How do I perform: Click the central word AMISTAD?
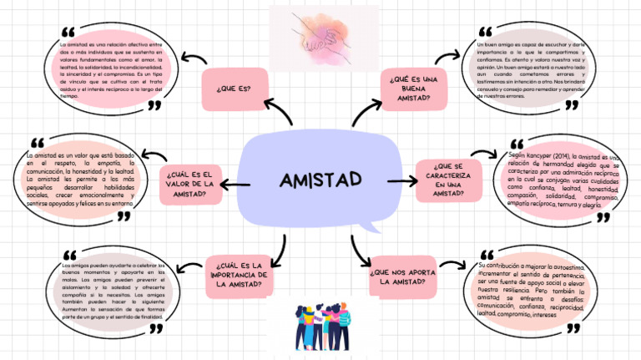tap(320, 180)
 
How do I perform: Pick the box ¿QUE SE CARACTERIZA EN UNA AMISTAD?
tap(448, 180)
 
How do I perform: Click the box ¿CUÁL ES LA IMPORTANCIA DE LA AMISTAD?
tap(238, 275)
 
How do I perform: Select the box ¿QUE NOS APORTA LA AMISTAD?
tap(402, 276)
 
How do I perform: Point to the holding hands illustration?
tap(320, 32)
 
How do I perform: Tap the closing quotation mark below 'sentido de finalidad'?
tap(156, 328)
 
